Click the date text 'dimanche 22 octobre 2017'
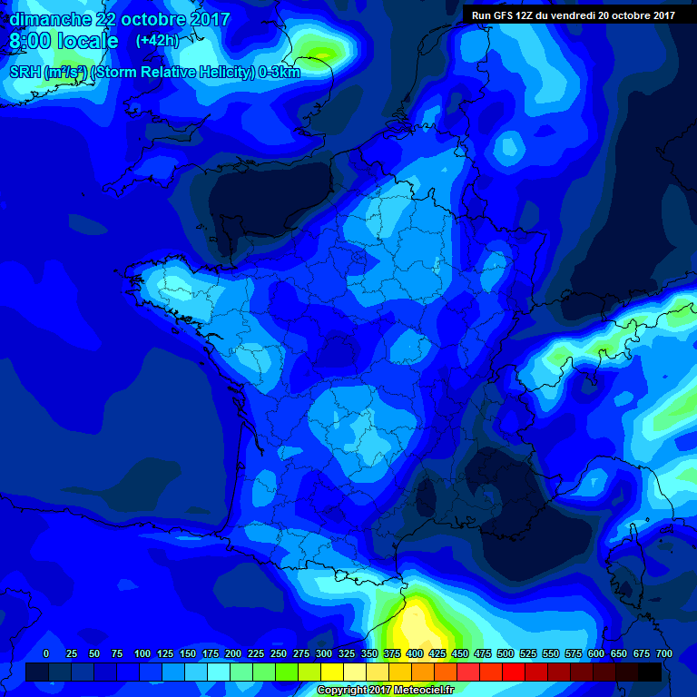click(120, 19)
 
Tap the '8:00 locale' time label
click(64, 42)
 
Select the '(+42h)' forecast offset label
click(157, 41)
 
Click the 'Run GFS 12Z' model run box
click(573, 15)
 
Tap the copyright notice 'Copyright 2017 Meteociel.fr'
click(386, 690)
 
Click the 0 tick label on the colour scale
click(46, 653)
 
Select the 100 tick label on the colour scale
click(142, 653)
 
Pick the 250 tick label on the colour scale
click(279, 653)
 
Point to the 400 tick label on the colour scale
click(415, 653)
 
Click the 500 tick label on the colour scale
click(506, 653)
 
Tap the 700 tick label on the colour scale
click(664, 653)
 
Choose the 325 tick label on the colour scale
click(347, 653)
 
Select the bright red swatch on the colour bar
click(514, 672)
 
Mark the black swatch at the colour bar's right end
click(650, 672)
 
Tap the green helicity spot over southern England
click(324, 50)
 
